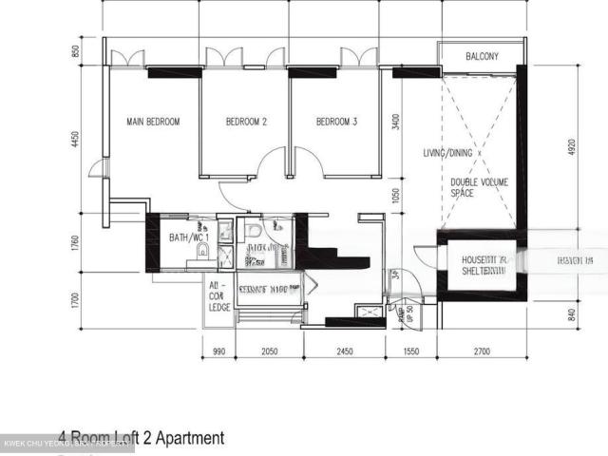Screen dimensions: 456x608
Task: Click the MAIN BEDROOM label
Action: [x=153, y=122]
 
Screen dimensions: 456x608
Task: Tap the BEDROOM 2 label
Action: [x=245, y=122]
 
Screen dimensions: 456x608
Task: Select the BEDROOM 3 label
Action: [x=336, y=122]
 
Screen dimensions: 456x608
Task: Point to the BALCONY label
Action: [x=482, y=57]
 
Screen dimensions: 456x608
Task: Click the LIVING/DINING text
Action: [x=449, y=153]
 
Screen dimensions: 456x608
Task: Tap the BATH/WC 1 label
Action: [x=187, y=237]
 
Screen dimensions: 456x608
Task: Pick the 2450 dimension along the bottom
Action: [x=343, y=351]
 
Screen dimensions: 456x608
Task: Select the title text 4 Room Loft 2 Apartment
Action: [x=142, y=438]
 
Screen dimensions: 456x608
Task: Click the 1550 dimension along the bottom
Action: [x=411, y=351]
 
